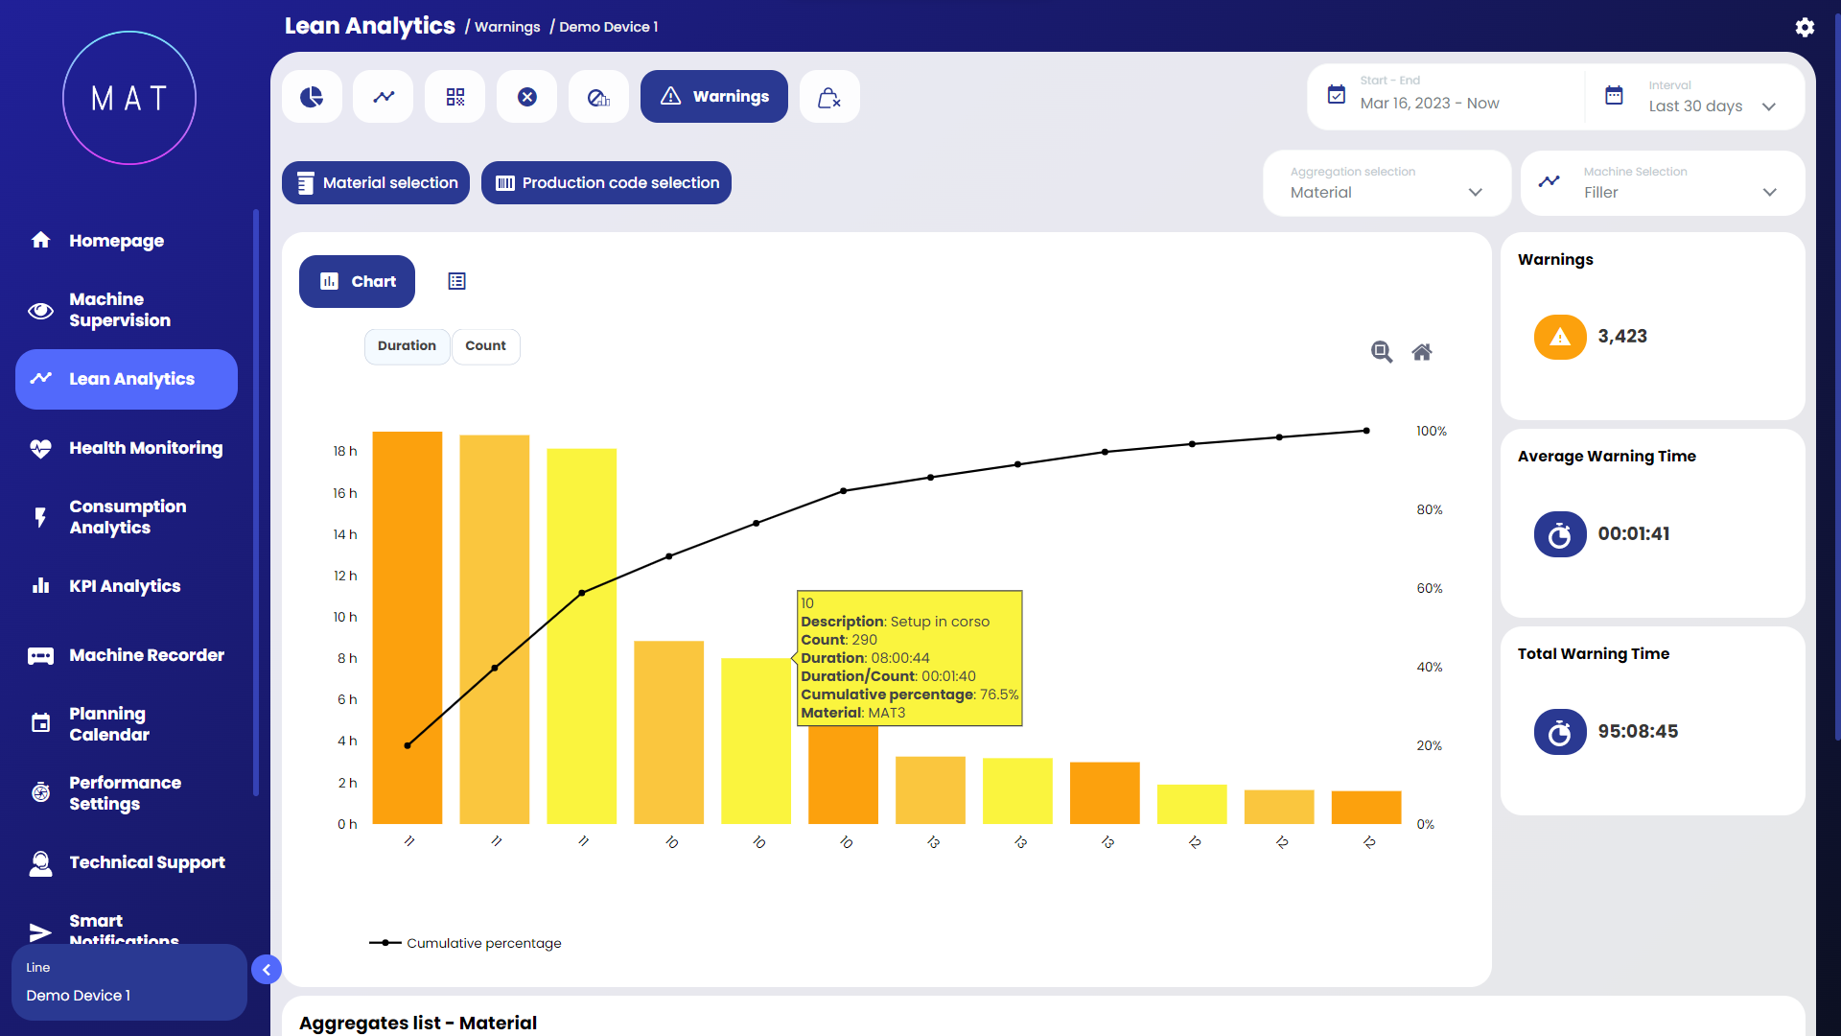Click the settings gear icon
pos(1805,27)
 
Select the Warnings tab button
pos(714,97)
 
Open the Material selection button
pos(376,183)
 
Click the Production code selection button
pos(606,183)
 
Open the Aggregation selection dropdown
pos(1387,183)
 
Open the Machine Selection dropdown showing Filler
pos(1663,183)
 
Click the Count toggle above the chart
pos(485,346)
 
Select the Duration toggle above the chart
pos(407,346)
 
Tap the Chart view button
pos(357,282)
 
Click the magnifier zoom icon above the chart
pos(1381,352)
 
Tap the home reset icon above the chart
pos(1422,352)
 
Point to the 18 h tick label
pos(345,452)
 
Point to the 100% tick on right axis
pos(1431,432)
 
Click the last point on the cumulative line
pos(1366,431)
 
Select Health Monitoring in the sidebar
pos(146,448)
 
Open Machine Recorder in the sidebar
pos(147,655)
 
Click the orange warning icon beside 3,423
pos(1560,338)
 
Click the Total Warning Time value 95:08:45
pos(1638,732)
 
